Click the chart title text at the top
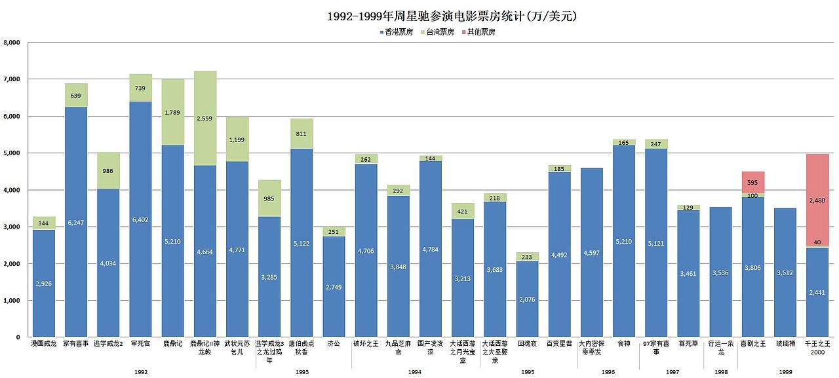tap(452, 16)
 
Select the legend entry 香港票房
tap(396, 32)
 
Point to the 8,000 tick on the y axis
tap(13, 43)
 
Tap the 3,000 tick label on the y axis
tap(13, 227)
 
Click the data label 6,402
tap(140, 220)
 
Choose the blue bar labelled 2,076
tap(527, 299)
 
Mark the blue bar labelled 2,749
tap(334, 286)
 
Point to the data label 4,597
tap(592, 253)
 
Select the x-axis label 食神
tap(624, 343)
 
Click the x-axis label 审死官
tap(140, 343)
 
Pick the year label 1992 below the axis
tap(140, 371)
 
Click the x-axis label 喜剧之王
tap(752, 343)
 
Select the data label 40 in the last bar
tap(817, 242)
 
